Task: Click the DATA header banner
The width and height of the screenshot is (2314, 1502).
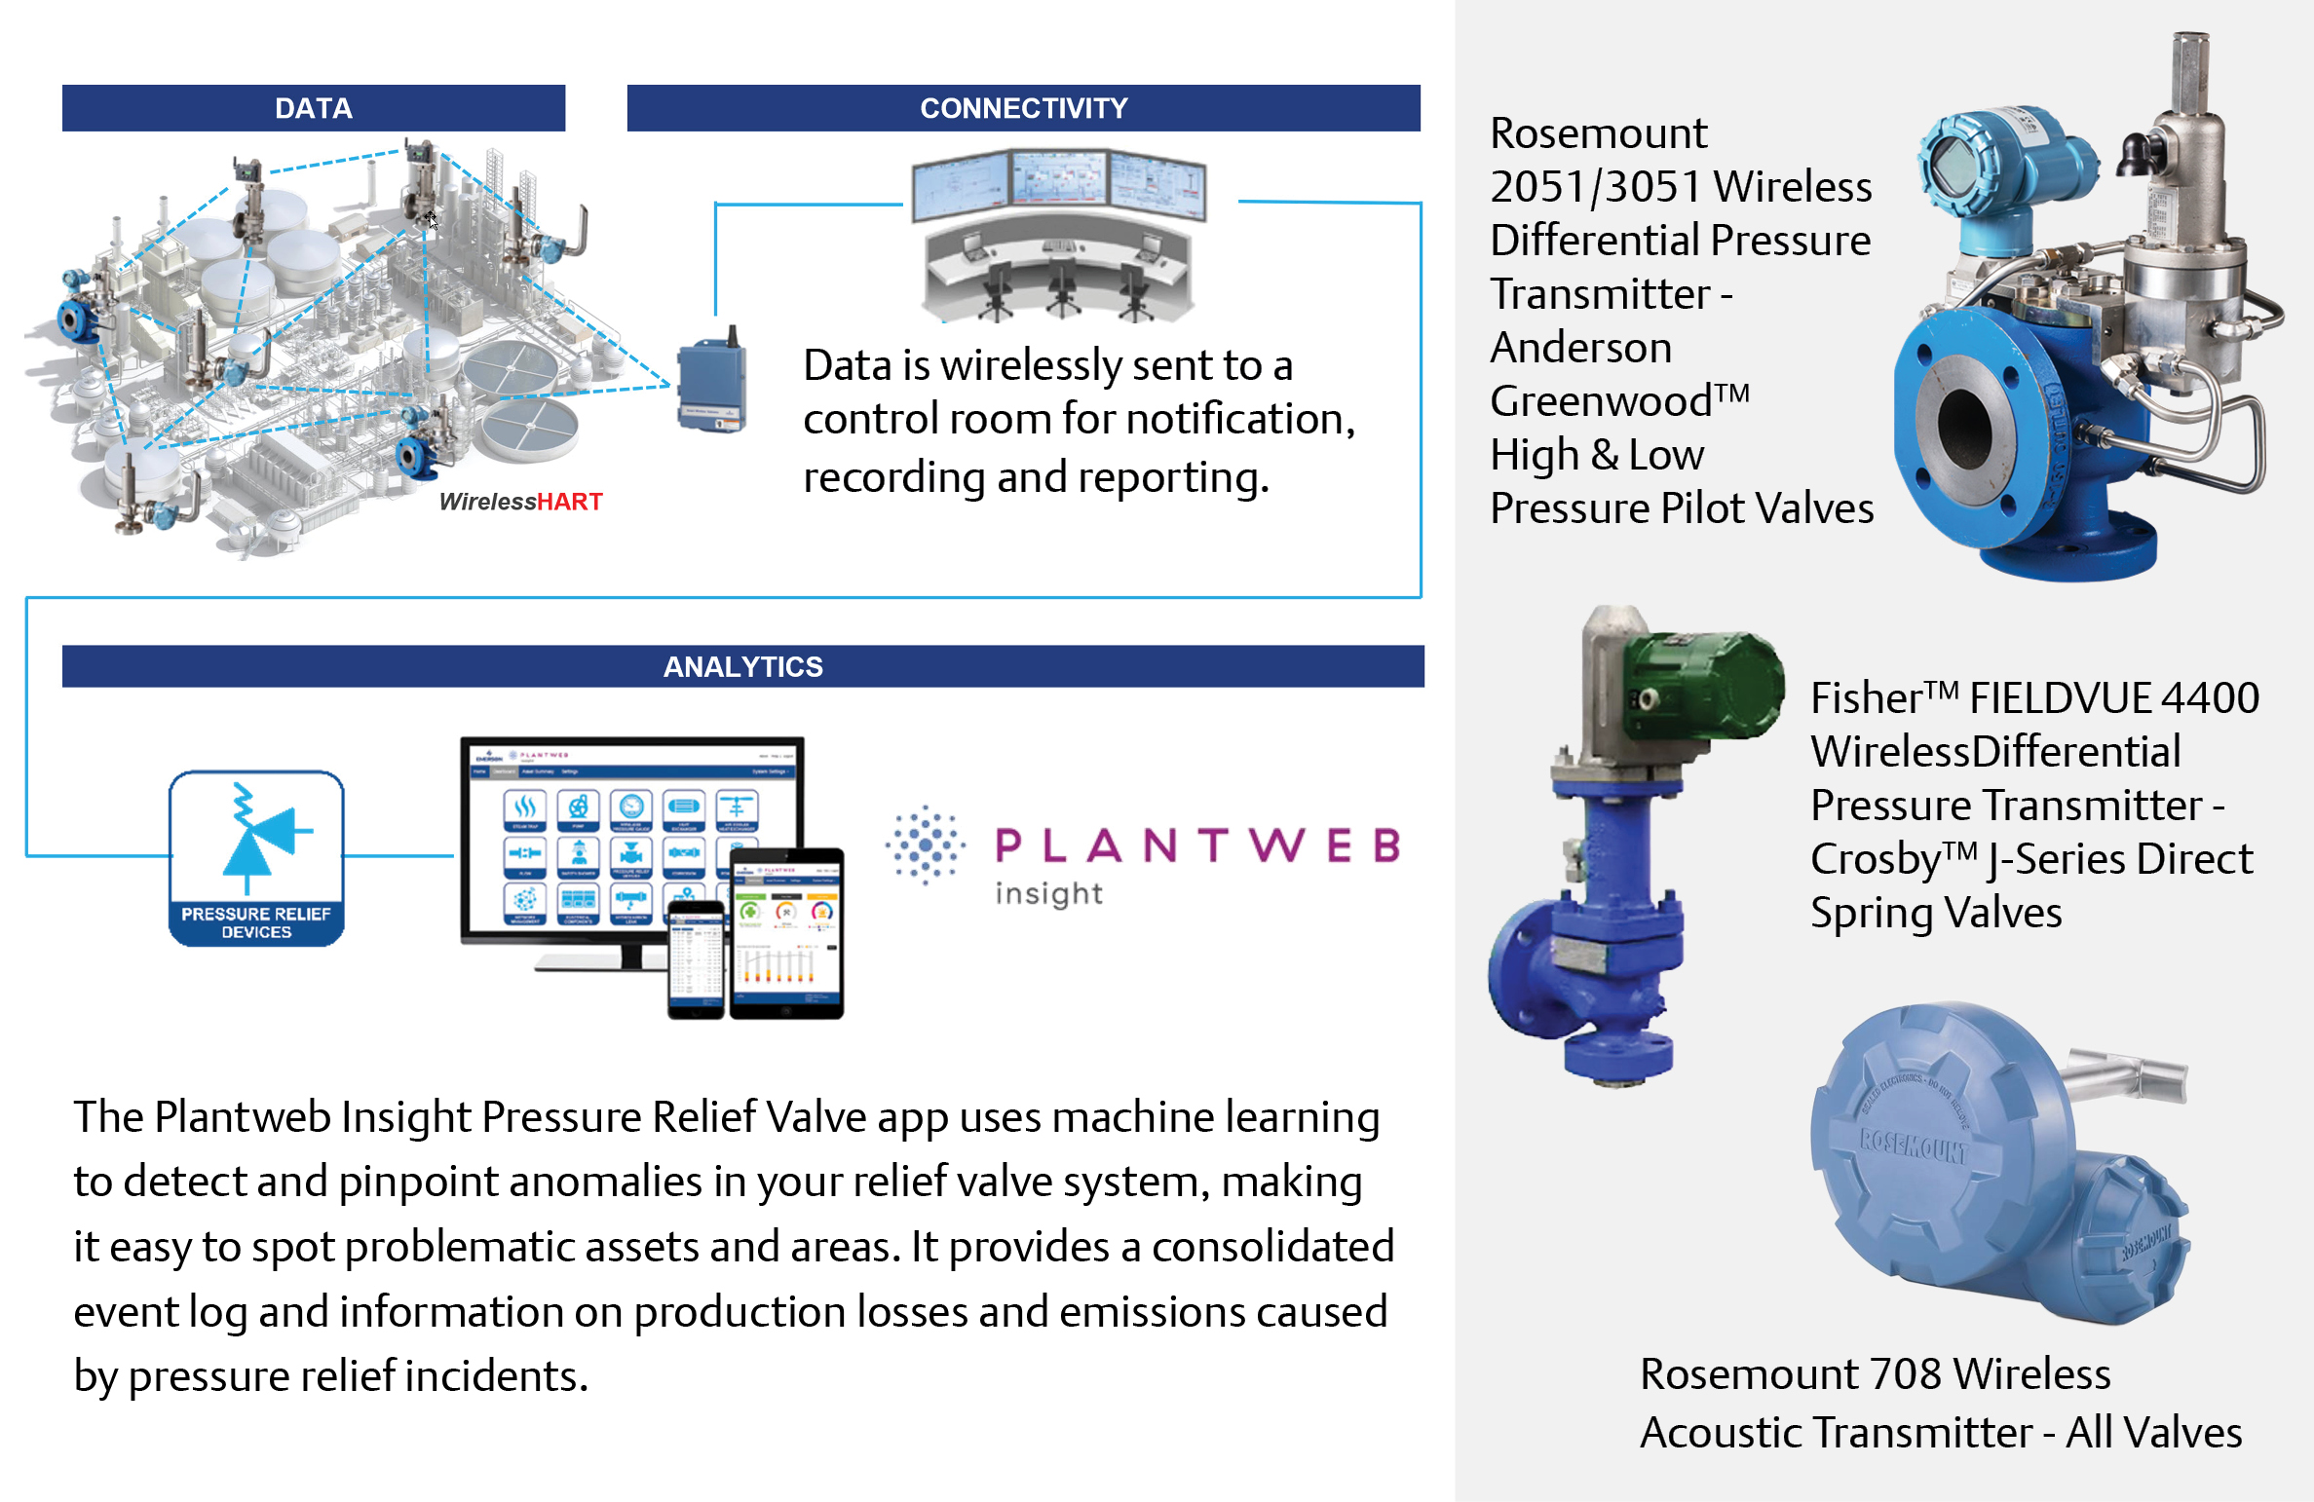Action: coord(313,108)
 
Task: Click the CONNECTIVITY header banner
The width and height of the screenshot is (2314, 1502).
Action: coord(1023,108)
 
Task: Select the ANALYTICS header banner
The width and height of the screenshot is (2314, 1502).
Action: coord(742,666)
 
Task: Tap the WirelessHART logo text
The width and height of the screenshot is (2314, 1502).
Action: coord(520,502)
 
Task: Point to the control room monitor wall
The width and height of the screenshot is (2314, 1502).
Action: coord(1059,184)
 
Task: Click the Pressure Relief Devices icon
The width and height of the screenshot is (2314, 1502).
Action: coord(256,857)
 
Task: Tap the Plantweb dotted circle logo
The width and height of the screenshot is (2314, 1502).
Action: coord(925,844)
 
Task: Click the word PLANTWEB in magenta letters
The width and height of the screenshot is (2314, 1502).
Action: coord(1198,845)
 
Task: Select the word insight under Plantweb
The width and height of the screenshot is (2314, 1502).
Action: coord(1048,893)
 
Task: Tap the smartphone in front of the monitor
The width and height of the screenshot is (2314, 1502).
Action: coord(696,959)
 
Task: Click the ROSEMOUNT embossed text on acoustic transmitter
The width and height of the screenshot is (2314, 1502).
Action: coord(1914,1145)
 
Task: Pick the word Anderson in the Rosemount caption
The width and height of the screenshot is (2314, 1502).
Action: coord(1580,348)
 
